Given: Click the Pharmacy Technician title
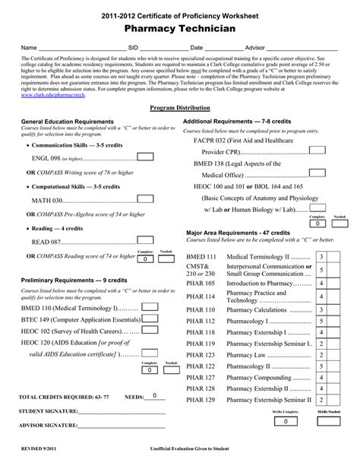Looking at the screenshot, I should point(180,27).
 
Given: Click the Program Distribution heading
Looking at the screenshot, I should point(180,109).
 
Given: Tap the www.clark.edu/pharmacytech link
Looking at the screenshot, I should point(52,97).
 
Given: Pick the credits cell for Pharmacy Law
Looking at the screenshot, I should point(322,354).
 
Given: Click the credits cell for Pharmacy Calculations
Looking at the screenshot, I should point(322,310).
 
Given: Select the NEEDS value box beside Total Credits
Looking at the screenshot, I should point(154,396).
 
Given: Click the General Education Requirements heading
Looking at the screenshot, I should point(68,122).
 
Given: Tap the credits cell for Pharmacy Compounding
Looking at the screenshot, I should point(322,376).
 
